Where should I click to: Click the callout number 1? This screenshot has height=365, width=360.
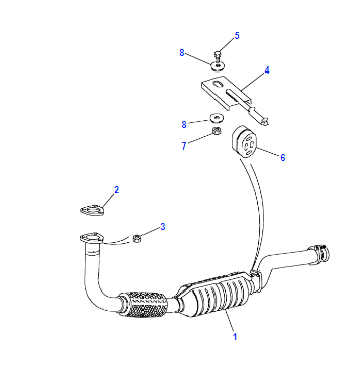pyautogui.click(x=235, y=336)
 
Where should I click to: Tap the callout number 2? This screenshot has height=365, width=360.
pyautogui.click(x=116, y=190)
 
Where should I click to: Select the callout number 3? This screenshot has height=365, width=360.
pyautogui.click(x=163, y=227)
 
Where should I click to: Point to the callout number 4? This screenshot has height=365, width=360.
pyautogui.click(x=267, y=71)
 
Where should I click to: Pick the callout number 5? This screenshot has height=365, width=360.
pyautogui.click(x=237, y=36)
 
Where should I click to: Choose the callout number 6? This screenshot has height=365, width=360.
pyautogui.click(x=283, y=157)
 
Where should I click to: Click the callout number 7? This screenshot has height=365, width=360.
pyautogui.click(x=184, y=146)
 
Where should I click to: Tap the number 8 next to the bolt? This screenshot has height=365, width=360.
pyautogui.click(x=182, y=53)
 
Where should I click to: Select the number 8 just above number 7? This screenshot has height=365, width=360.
pyautogui.click(x=184, y=124)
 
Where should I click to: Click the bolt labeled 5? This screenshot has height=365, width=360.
pyautogui.click(x=217, y=58)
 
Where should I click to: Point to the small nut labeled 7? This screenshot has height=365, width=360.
pyautogui.click(x=217, y=131)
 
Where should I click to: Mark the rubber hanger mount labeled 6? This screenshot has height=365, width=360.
pyautogui.click(x=244, y=143)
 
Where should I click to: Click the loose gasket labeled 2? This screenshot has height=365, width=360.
pyautogui.click(x=92, y=210)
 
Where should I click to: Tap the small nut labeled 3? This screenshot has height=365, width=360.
pyautogui.click(x=137, y=238)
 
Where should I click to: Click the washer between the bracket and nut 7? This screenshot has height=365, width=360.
pyautogui.click(x=217, y=117)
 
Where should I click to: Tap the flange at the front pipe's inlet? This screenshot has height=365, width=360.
pyautogui.click(x=92, y=238)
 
